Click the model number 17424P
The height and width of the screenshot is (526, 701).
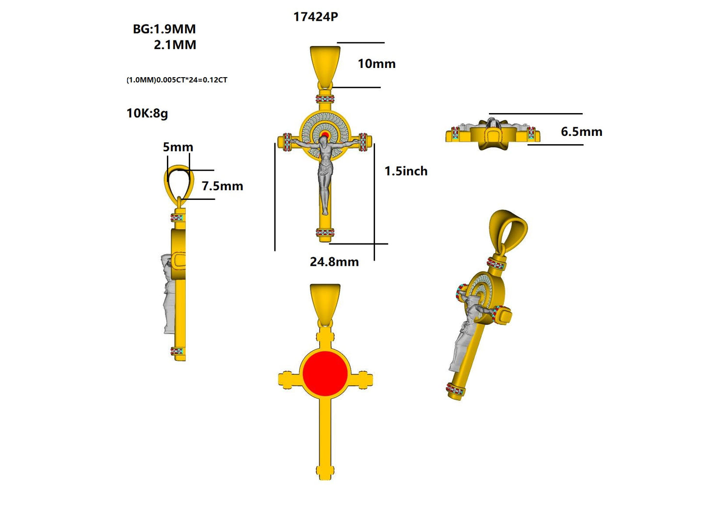[x=315, y=16]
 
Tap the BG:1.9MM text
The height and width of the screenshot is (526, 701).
[x=164, y=29]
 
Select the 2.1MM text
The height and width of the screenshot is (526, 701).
[x=175, y=45]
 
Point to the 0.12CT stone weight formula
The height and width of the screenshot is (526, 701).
[x=177, y=80]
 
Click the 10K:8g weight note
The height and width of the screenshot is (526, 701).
[x=147, y=113]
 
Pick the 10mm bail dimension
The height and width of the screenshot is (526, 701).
[x=376, y=64]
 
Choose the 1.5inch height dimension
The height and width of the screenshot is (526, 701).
[x=406, y=171]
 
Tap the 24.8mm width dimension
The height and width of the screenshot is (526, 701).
[x=334, y=262]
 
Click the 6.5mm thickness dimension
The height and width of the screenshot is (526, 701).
[x=582, y=131]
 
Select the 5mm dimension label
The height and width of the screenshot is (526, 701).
[x=178, y=147]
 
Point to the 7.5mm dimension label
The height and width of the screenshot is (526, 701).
[x=222, y=186]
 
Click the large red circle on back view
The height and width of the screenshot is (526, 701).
[x=325, y=373]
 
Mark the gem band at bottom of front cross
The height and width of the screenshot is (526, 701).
[x=325, y=232]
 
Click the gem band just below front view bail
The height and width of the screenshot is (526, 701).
[x=325, y=99]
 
